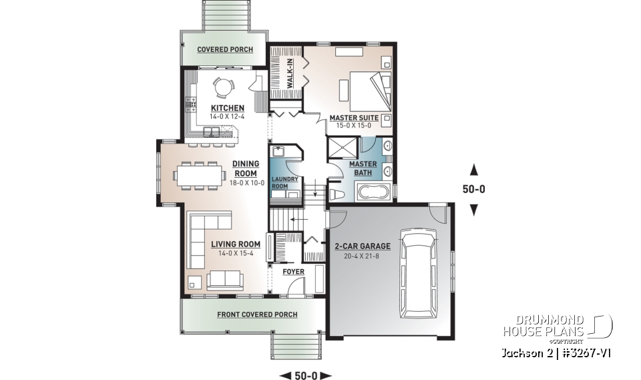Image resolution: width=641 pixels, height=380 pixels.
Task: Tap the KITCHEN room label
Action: tap(227, 108)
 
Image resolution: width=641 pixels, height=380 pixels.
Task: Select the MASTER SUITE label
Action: tap(354, 118)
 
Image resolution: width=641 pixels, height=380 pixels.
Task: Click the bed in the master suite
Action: tap(367, 90)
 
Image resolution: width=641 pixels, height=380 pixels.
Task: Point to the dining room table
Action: tap(198, 174)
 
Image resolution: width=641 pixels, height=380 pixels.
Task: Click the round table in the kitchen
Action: tap(222, 87)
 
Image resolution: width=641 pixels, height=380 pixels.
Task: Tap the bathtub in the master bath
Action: tap(374, 193)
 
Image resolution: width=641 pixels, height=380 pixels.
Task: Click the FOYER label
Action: tap(293, 272)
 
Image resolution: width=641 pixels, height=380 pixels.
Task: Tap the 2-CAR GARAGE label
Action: tap(363, 246)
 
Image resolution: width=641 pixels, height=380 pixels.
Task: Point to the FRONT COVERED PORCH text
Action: tap(257, 315)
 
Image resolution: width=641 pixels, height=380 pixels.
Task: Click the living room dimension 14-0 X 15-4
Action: tap(226, 253)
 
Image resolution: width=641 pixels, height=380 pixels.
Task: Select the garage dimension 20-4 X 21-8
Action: tap(363, 255)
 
